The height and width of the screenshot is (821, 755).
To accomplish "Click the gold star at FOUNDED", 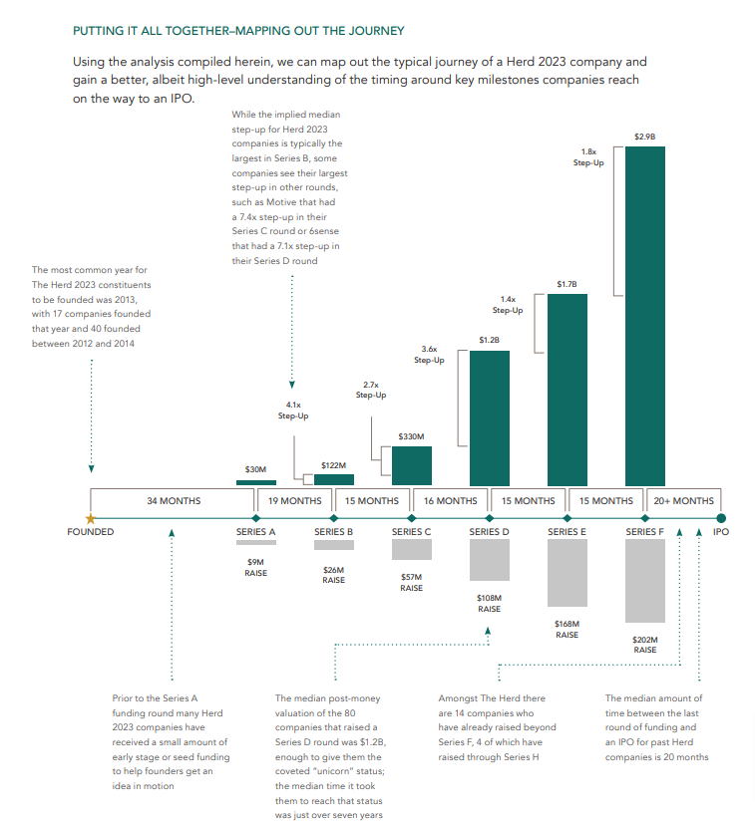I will point(91,518).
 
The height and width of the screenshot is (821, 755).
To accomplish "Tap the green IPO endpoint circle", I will point(721,517).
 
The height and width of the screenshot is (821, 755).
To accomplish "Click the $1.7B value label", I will point(566,286).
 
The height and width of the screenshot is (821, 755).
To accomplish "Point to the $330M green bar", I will point(411,465).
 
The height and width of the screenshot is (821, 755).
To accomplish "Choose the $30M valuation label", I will point(255,469).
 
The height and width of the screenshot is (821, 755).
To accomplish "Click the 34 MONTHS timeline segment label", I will point(174,501).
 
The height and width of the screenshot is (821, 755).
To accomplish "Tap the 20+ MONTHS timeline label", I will point(683,501).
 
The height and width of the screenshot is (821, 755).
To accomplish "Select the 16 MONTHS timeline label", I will point(450,501).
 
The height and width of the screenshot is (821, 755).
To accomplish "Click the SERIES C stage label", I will point(411,532).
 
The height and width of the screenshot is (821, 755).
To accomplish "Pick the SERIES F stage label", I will point(644,532).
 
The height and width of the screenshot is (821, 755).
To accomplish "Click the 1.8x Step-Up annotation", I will point(588,157).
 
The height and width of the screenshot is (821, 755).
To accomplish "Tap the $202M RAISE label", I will point(645,645).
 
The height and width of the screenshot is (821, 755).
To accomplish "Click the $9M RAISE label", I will point(255,568).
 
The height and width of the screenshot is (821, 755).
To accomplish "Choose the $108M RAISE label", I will point(489,603).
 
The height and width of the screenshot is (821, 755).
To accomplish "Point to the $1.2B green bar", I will point(489,416).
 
